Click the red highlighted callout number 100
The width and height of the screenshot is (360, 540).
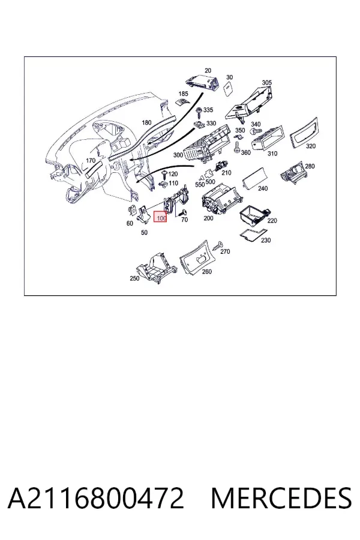pyautogui.click(x=160, y=217)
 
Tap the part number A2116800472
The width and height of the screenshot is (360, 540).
pyautogui.click(x=96, y=498)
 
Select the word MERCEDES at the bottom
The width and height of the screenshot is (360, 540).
pyautogui.click(x=281, y=498)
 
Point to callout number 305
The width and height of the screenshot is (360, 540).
pyautogui.click(x=266, y=83)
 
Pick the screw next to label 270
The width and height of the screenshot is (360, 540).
pyautogui.click(x=217, y=245)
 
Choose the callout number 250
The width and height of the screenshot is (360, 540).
pyautogui.click(x=134, y=278)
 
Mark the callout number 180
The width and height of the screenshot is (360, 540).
pyautogui.click(x=146, y=122)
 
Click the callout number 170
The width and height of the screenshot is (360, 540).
pyautogui.click(x=90, y=160)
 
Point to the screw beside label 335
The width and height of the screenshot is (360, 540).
pyautogui.click(x=199, y=112)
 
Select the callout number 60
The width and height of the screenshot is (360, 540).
pyautogui.click(x=130, y=223)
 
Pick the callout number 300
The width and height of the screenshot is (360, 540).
pyautogui.click(x=178, y=155)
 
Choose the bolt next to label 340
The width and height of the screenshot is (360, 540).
pyautogui.click(x=255, y=131)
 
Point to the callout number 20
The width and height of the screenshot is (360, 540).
pyautogui.click(x=208, y=71)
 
